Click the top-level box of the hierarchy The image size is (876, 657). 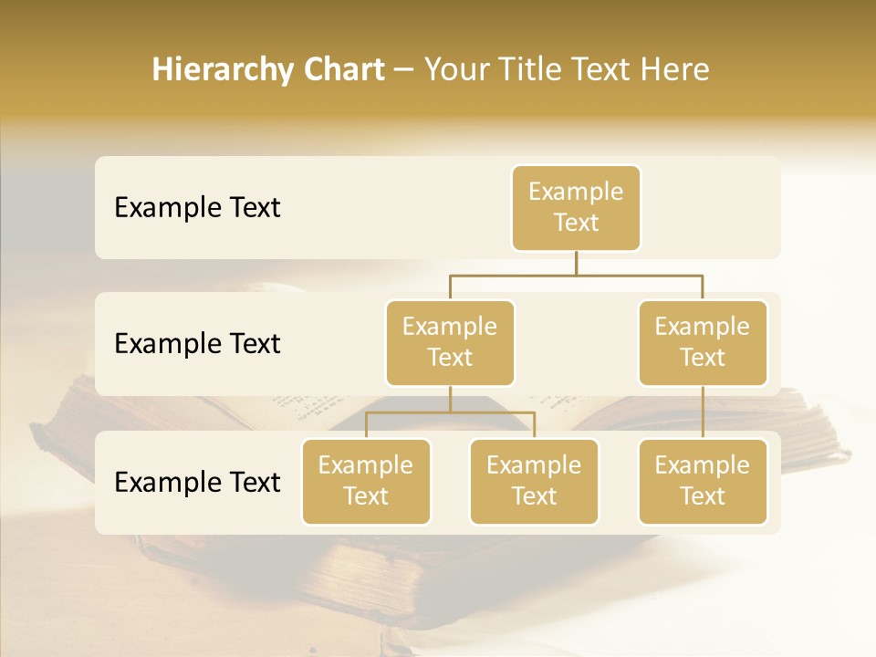tap(576, 208)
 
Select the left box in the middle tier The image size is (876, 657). tap(450, 343)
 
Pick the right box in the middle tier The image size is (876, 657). tap(703, 343)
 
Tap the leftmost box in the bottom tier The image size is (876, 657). tap(366, 482)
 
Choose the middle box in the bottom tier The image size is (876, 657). tap(534, 482)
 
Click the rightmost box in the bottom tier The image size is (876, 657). tap(703, 482)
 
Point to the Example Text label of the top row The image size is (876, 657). tap(197, 208)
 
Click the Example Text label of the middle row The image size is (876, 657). tap(197, 344)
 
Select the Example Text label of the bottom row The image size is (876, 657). tap(197, 483)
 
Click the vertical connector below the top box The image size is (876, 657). tap(576, 263)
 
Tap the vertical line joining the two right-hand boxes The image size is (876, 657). tap(703, 412)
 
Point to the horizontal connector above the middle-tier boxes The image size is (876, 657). tap(576, 275)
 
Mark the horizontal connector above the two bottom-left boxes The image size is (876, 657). tap(450, 413)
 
